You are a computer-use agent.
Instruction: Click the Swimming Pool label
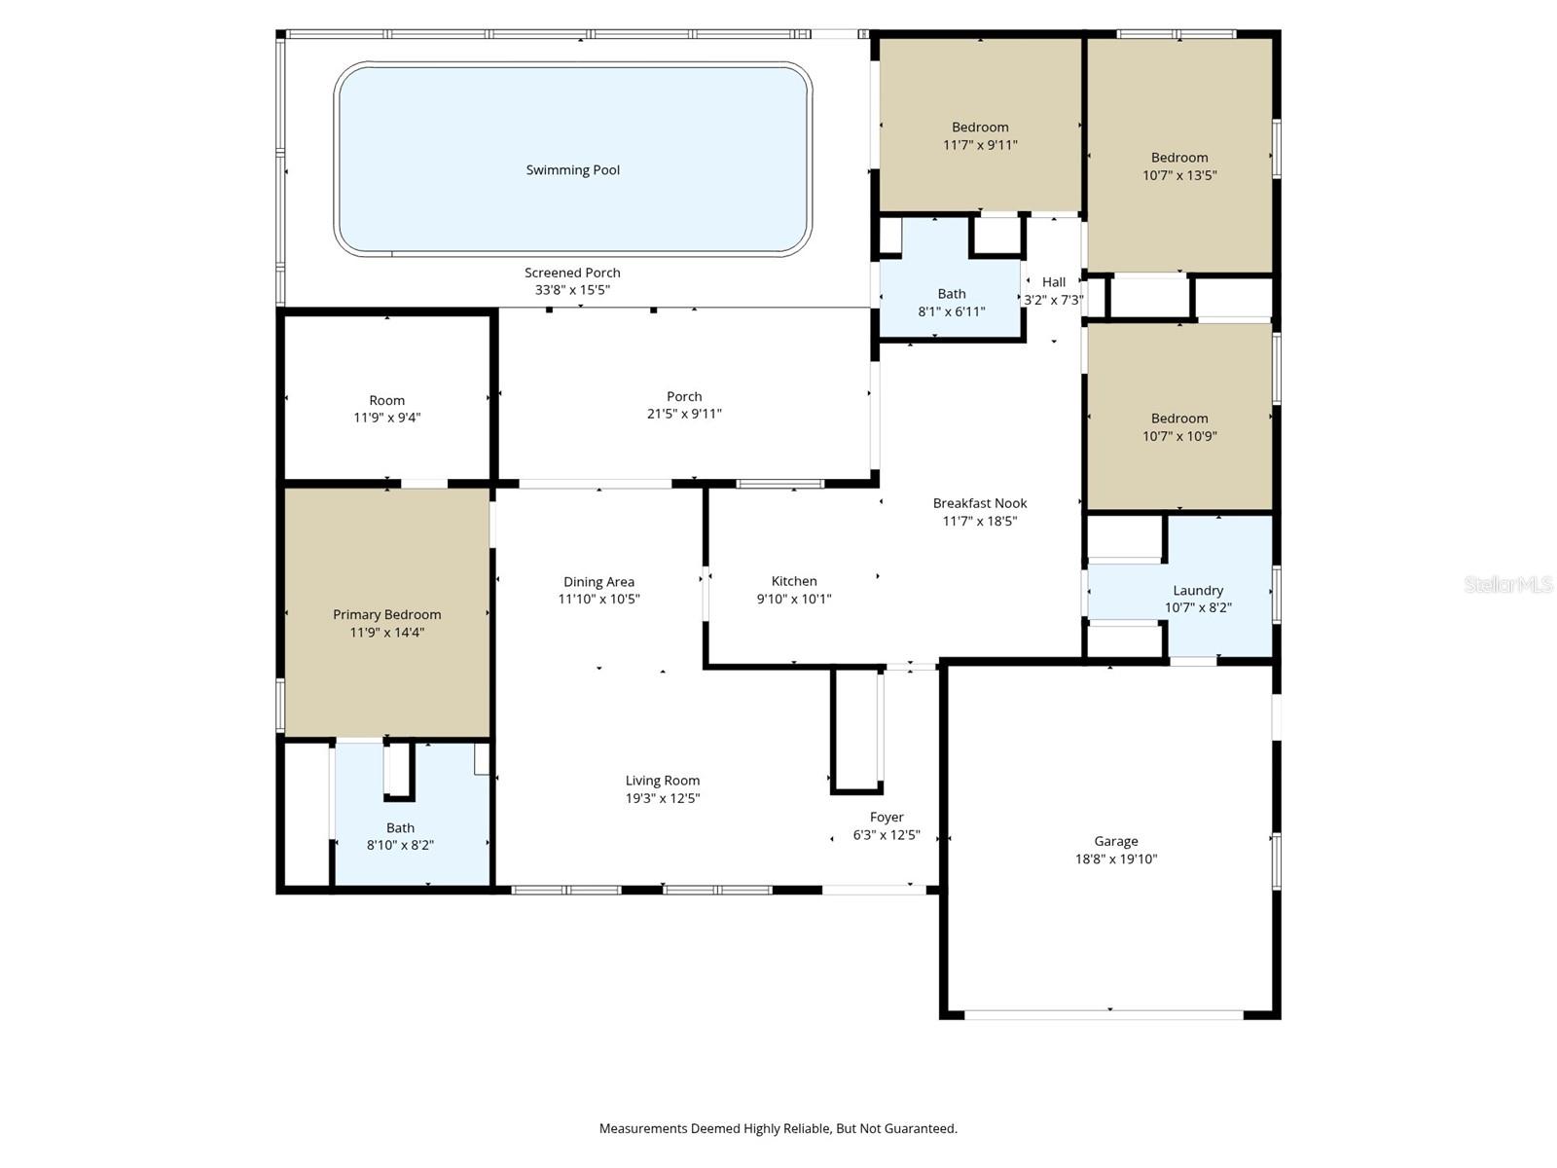[x=572, y=170]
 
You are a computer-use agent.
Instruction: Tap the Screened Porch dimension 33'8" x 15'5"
[x=572, y=290]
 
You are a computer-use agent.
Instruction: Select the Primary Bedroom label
[x=386, y=614]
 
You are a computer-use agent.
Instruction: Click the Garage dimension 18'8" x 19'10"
[x=1115, y=858]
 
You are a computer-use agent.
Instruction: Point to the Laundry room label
[x=1198, y=590]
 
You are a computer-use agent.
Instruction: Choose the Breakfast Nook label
[x=979, y=503]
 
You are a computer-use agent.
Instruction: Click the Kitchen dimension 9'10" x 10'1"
[x=793, y=599]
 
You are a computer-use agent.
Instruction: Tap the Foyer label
[x=886, y=818]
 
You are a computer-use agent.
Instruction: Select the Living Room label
[x=662, y=781]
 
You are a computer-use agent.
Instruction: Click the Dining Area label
[x=598, y=582]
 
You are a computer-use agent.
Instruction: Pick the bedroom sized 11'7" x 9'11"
[x=980, y=136]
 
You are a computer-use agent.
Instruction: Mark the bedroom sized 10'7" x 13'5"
[x=1179, y=166]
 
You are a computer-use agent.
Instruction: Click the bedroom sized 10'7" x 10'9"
[x=1179, y=427]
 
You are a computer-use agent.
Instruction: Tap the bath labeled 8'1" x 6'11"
[x=951, y=303]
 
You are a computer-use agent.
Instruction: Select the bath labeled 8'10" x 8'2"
[x=400, y=836]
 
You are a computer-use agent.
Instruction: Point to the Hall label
[x=1054, y=282]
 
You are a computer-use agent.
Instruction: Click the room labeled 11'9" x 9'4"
[x=386, y=409]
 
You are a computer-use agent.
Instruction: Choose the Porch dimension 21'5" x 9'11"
[x=684, y=414]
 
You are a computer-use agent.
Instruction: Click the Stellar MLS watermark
[x=1508, y=584]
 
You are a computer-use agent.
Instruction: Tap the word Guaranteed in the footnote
[x=919, y=1129]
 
